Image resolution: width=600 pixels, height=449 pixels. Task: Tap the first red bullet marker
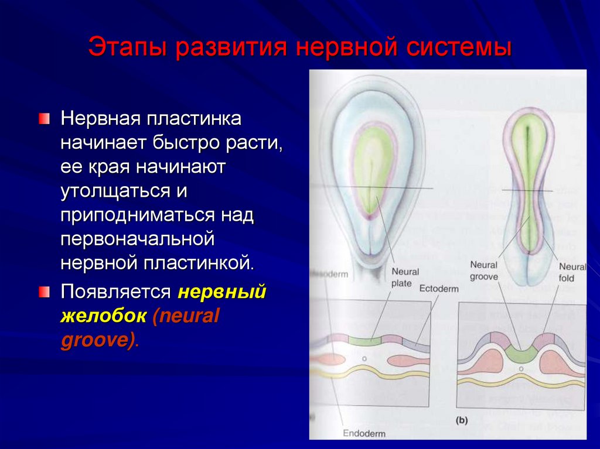[45, 119]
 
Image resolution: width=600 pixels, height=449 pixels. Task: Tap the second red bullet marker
[45, 291]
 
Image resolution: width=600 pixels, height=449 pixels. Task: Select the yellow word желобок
[103, 316]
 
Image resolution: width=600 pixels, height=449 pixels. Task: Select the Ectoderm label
[438, 289]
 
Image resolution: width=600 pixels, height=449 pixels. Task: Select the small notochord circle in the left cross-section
[364, 358]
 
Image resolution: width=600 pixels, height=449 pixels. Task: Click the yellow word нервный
[222, 291]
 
